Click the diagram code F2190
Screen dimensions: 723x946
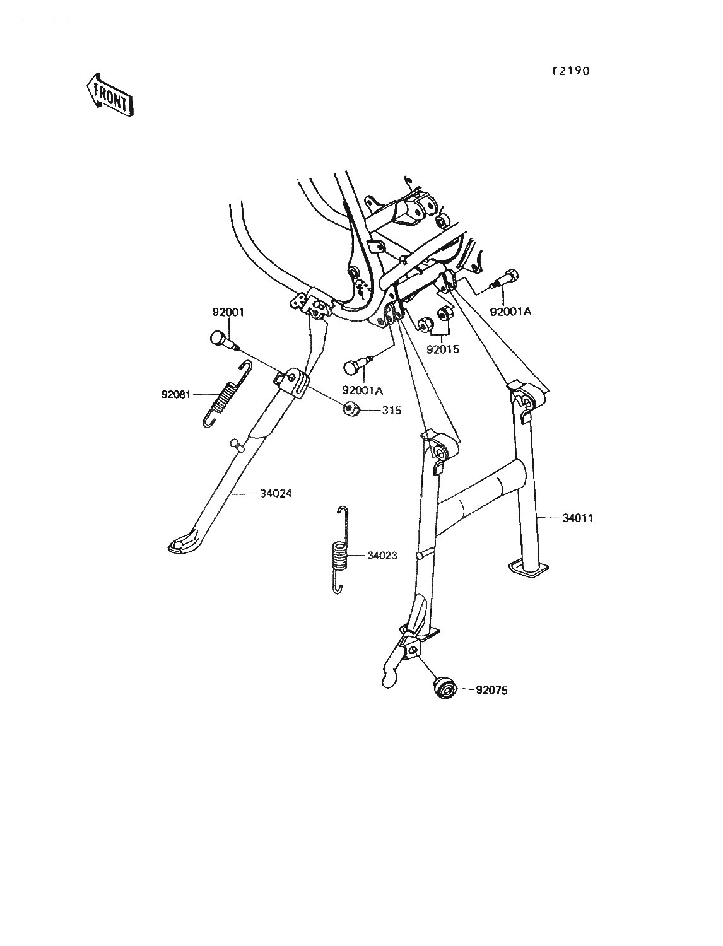(571, 71)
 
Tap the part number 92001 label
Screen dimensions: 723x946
(228, 312)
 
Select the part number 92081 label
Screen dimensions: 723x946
(176, 394)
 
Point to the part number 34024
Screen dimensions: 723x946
(276, 493)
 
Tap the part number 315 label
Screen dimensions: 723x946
(391, 411)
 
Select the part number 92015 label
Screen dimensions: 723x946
(443, 349)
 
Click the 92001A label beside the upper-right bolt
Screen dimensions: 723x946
(510, 312)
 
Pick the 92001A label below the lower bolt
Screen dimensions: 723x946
(363, 390)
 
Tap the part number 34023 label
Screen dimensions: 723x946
(382, 556)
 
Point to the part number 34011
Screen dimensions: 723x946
(577, 518)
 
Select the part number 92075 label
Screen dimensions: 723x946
(491, 691)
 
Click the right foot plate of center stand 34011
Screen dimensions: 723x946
(529, 568)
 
